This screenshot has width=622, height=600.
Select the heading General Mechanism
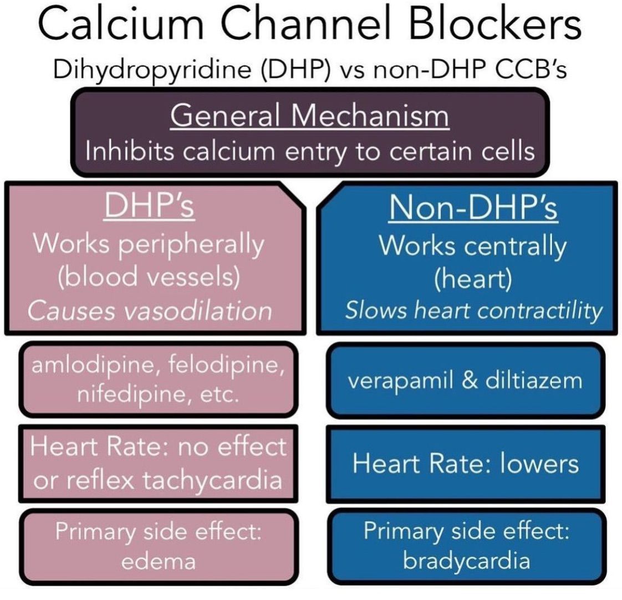pos(309,116)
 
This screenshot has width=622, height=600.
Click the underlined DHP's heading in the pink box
pos(150,208)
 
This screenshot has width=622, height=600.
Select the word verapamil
pos(397,381)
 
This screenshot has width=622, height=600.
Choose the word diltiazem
pos(532,381)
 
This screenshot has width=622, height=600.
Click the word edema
pos(158,561)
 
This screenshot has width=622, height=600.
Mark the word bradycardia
pos(466,561)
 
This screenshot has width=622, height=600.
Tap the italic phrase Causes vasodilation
pos(150,311)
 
